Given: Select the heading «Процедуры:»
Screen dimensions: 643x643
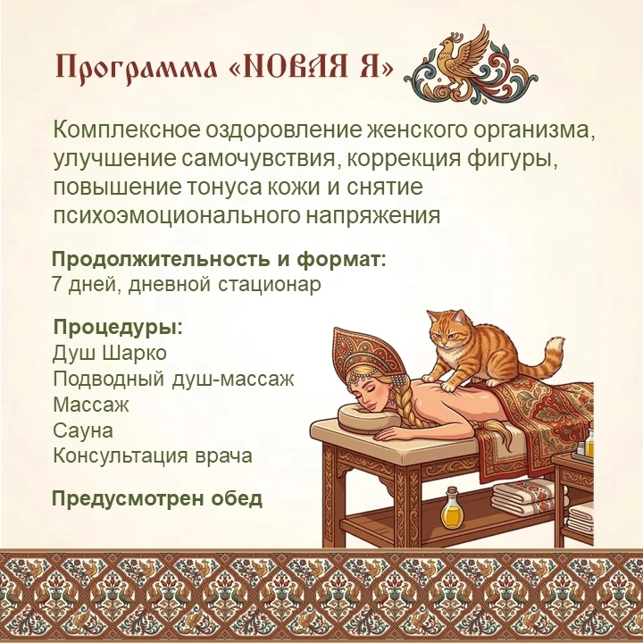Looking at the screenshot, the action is [118, 329].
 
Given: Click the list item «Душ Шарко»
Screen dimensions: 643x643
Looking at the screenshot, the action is [110, 353].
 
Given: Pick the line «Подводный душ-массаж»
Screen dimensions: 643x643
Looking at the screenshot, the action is [173, 380].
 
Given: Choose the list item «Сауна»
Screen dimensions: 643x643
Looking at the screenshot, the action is [83, 430].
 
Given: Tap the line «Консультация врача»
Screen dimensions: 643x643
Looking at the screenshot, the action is [152, 456].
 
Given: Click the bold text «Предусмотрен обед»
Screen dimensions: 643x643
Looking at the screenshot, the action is [156, 498].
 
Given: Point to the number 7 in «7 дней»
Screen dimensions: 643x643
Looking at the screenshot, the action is [57, 284].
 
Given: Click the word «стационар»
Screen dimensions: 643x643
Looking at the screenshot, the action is [270, 285].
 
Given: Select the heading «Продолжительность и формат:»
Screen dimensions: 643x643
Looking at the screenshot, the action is [219, 260].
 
